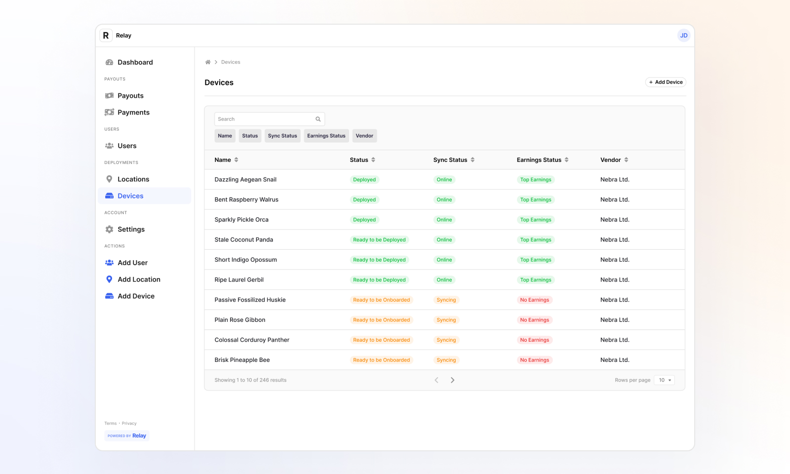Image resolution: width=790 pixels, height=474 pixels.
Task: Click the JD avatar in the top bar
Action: pos(683,36)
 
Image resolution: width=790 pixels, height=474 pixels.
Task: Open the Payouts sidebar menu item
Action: pos(130,96)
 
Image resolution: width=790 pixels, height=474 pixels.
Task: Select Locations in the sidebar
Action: pos(133,179)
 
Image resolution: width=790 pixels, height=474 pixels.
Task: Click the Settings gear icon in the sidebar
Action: pos(110,229)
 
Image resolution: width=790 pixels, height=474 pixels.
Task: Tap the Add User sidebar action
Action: pos(132,263)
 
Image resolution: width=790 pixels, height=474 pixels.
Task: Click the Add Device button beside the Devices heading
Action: pos(666,82)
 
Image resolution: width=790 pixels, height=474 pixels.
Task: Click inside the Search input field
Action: pos(264,119)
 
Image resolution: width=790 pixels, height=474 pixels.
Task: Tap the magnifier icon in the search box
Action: pos(318,119)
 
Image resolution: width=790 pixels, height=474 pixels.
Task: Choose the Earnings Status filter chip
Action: pos(326,136)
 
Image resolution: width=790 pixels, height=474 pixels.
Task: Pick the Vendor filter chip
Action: pos(364,136)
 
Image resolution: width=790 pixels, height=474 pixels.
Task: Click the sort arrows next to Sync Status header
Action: pos(473,160)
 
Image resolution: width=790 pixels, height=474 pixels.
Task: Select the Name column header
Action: pos(223,160)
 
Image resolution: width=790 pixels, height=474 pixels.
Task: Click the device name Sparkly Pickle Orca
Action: pos(241,220)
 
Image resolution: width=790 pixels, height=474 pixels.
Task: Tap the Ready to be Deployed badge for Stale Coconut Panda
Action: pos(379,240)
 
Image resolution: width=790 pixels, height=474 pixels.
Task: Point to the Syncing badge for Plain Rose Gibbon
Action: pos(446,320)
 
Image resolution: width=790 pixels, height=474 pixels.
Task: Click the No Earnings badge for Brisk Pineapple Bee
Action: pos(534,360)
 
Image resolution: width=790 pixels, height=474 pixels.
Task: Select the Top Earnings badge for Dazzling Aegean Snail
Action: pos(535,180)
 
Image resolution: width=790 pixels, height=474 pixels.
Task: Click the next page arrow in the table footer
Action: pos(452,380)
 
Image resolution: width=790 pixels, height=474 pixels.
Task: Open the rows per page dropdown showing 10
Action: pos(664,380)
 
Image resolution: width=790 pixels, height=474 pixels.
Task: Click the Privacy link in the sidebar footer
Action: pos(129,424)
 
